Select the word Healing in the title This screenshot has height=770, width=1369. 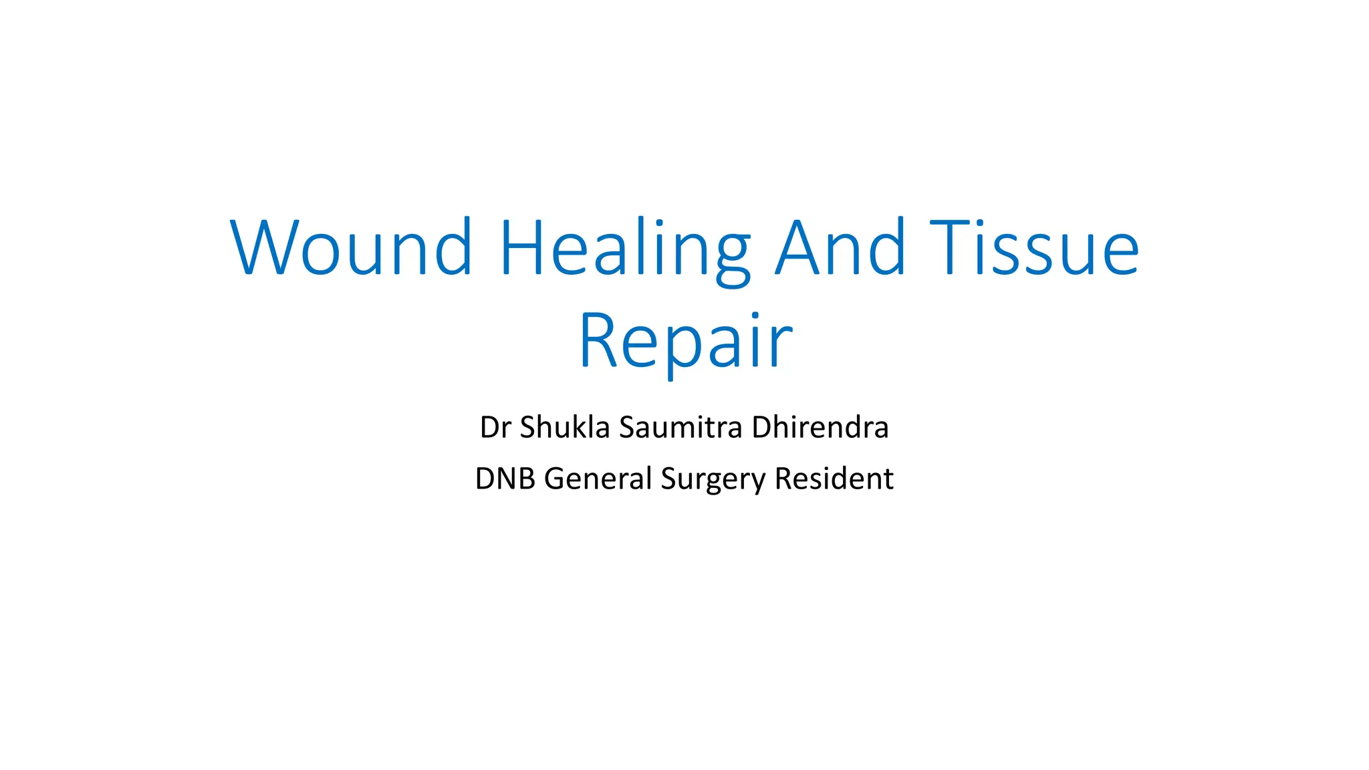[626, 247]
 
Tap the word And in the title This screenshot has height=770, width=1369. [840, 247]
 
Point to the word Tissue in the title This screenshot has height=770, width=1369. [1033, 247]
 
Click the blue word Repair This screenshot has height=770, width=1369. [685, 341]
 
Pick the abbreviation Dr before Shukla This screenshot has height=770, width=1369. [495, 428]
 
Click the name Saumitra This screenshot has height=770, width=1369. [680, 428]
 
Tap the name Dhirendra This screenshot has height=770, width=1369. [820, 428]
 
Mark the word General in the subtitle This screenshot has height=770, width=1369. [598, 479]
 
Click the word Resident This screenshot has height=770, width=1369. [834, 479]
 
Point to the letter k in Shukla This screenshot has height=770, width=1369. [580, 428]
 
